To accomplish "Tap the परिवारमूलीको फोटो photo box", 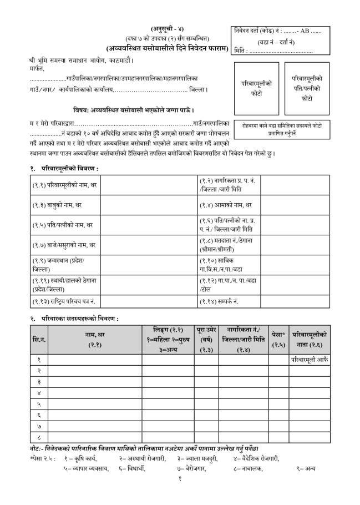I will pyautogui.click(x=256, y=88).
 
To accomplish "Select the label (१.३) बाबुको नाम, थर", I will pyautogui.click(x=57, y=205).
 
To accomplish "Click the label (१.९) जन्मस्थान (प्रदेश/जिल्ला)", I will pyautogui.click(x=58, y=264).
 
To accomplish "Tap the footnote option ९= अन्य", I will pyautogui.click(x=306, y=468).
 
